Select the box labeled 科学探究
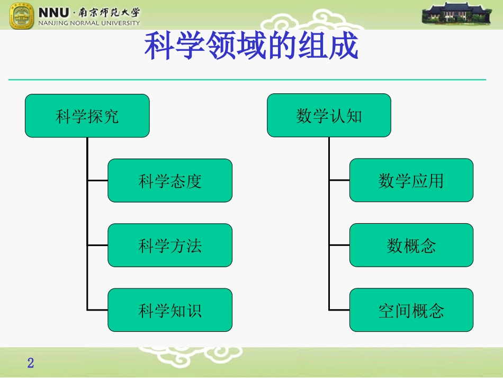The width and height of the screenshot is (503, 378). click(87, 116)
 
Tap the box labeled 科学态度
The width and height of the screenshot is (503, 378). click(170, 181)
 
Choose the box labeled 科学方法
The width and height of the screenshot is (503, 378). click(170, 245)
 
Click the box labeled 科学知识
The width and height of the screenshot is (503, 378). click(170, 310)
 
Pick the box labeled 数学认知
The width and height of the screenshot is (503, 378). click(329, 116)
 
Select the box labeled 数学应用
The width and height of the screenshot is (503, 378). click(411, 180)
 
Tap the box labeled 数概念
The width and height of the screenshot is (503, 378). click(411, 245)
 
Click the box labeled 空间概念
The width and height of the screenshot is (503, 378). click(411, 310)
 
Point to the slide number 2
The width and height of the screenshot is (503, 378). click(31, 363)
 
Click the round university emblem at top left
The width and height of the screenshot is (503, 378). click(22, 15)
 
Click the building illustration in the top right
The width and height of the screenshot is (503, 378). click(457, 13)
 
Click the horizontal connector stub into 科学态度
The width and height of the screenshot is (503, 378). click(97, 181)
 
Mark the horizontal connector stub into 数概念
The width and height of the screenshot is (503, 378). click(339, 245)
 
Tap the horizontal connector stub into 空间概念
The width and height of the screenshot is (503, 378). click(339, 310)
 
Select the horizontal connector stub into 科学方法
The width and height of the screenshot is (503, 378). click(97, 245)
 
